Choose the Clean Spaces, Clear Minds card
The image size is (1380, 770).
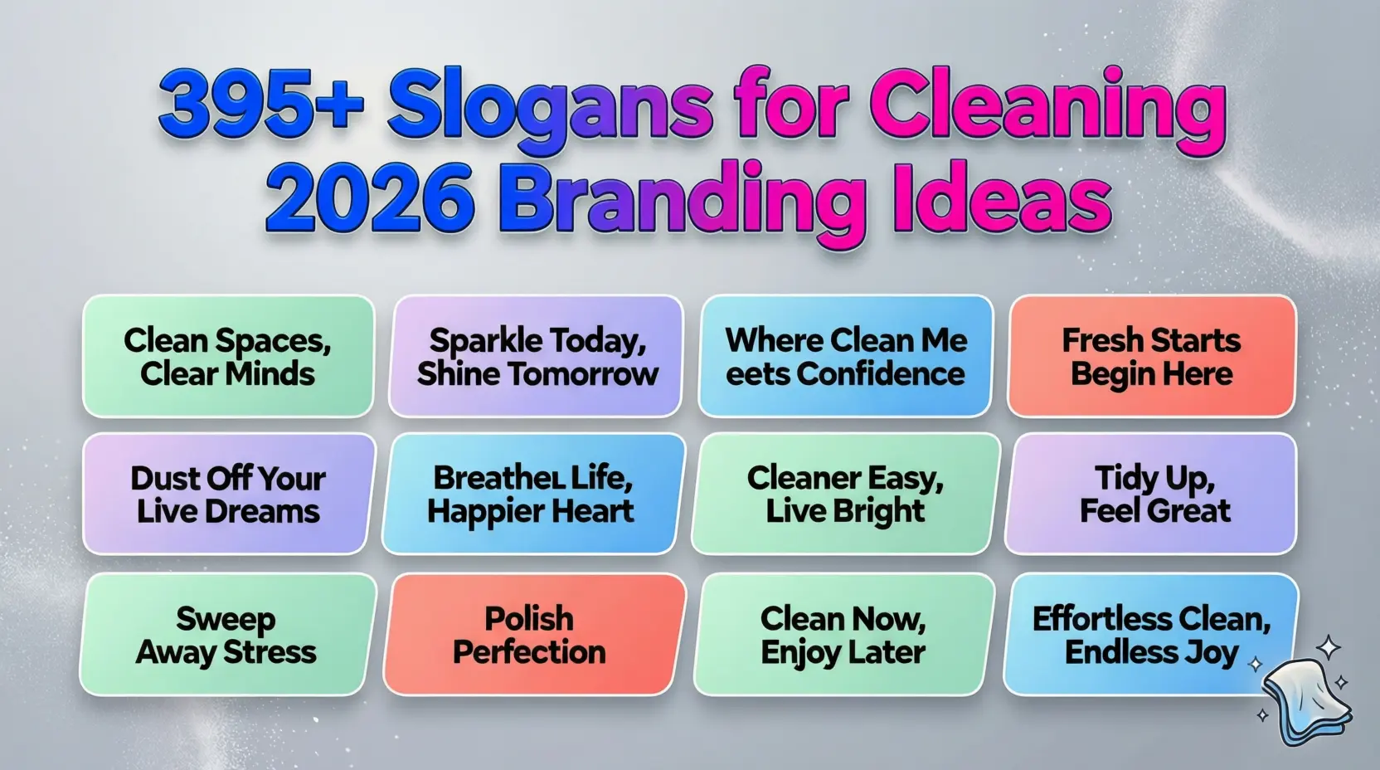228,357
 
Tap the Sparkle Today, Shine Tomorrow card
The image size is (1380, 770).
537,357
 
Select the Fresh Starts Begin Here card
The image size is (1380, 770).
1151,357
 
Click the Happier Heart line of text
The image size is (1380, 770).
531,512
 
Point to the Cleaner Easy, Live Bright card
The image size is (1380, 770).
845,495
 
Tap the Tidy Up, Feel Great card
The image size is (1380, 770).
1154,495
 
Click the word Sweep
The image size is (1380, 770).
226,619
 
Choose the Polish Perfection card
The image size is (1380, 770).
530,636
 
